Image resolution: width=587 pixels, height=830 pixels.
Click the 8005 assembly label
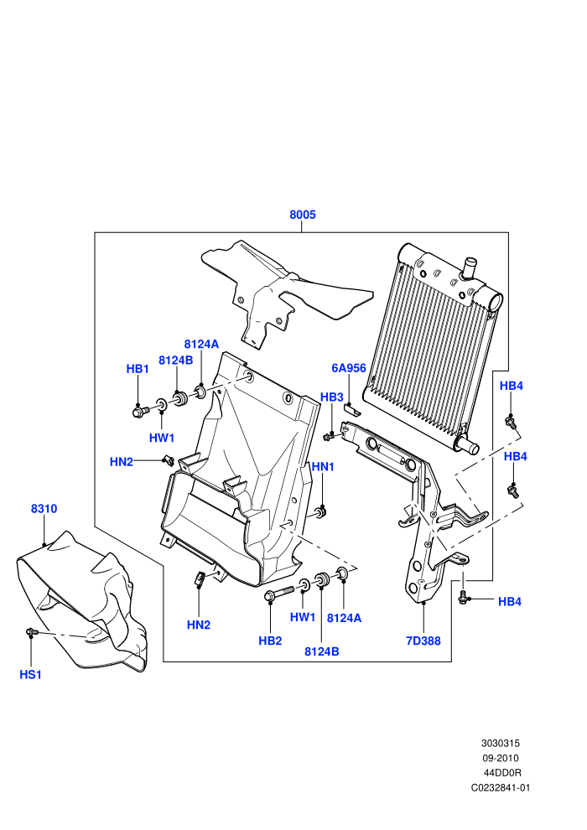pos(302,215)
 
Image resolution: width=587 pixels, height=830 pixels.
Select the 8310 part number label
pos(44,509)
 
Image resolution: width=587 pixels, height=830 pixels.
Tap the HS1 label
pos(31,674)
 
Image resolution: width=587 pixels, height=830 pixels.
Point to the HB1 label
pos(138,369)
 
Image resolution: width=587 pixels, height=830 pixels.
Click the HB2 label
pos(270,641)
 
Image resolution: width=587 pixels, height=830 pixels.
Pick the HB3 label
pos(332,397)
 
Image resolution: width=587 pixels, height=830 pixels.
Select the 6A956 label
pos(349,368)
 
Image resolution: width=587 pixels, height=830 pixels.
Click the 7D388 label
pos(423,641)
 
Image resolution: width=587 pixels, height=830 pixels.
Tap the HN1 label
pos(323,466)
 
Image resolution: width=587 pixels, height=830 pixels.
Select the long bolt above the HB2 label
pos(279,593)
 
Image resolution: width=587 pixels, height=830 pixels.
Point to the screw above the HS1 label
pos(30,631)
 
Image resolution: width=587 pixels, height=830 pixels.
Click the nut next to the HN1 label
pos(321,512)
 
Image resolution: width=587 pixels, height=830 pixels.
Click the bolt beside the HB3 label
pos(328,436)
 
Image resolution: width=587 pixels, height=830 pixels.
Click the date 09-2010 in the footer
pos(500,758)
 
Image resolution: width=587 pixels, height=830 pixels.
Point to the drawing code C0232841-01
pos(500,787)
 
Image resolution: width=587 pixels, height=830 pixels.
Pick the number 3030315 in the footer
pos(500,743)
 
